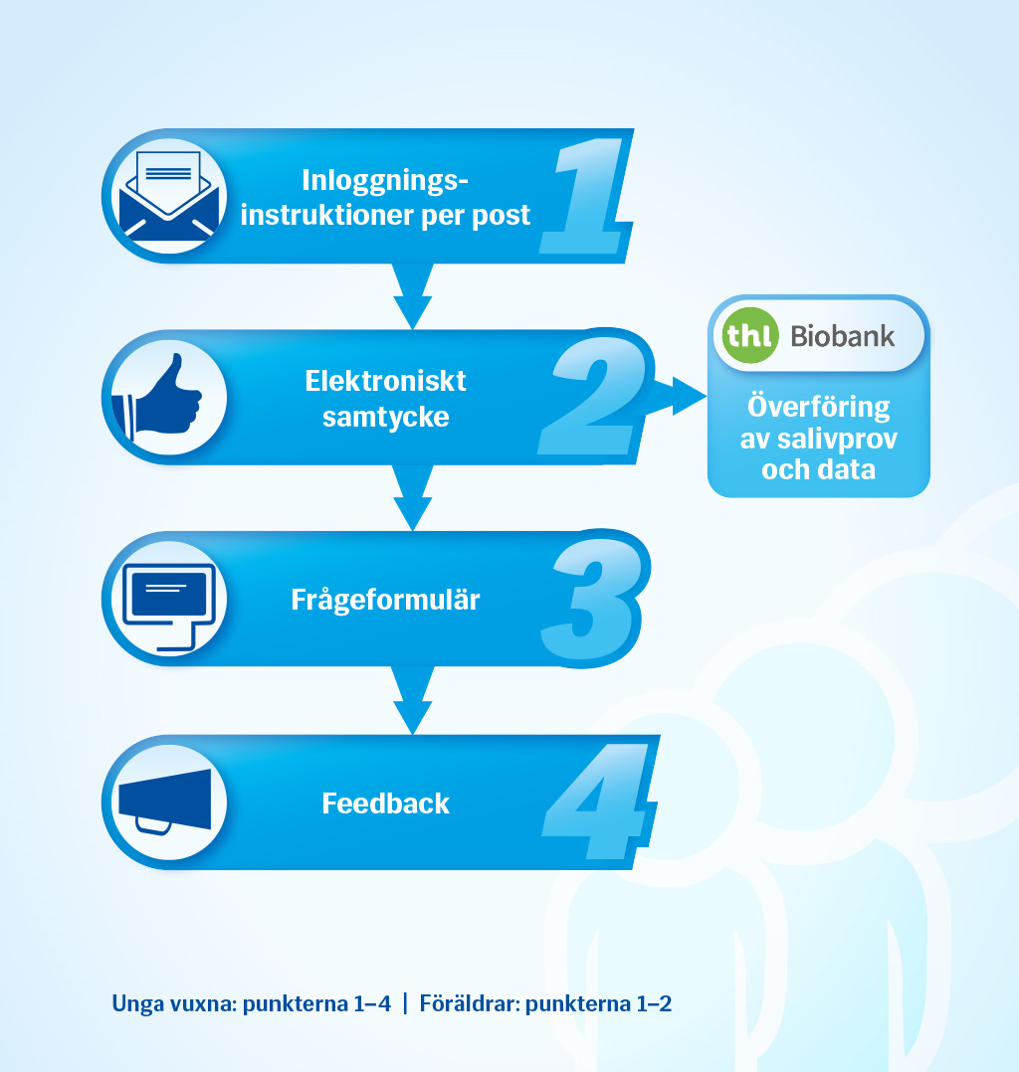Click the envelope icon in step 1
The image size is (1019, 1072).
point(169,195)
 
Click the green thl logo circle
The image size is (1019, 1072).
point(750,335)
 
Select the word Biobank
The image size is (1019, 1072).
point(843,336)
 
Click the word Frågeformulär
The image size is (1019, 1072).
point(385,601)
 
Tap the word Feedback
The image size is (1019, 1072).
point(385,804)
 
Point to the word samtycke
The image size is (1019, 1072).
point(385,417)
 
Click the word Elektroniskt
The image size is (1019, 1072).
point(385,381)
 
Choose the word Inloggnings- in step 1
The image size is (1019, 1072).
point(385,181)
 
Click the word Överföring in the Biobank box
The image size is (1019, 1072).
point(819,407)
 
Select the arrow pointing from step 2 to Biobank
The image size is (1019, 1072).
point(679,396)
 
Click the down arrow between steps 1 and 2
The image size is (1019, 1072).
point(413,295)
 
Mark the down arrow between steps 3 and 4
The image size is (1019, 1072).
point(413,700)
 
